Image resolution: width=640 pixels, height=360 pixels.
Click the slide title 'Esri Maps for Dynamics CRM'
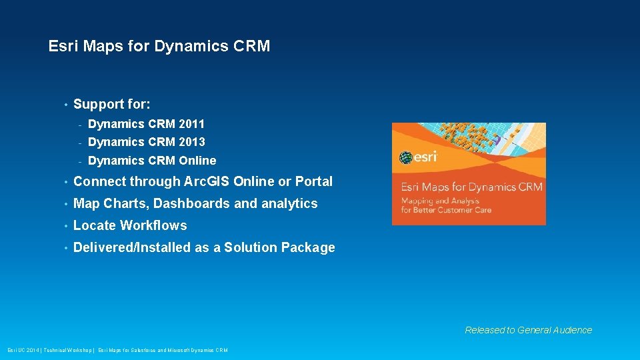tap(159, 46)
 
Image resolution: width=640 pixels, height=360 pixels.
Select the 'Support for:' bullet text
tap(112, 104)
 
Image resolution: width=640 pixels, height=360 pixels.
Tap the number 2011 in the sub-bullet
tap(192, 124)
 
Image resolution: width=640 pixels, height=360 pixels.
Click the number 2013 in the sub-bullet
tap(192, 142)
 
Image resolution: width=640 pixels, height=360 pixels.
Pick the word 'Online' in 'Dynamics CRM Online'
tap(198, 161)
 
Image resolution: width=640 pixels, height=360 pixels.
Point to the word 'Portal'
tap(314, 181)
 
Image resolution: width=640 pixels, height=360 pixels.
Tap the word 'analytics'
tap(289, 203)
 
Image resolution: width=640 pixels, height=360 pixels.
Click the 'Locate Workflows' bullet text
tap(130, 225)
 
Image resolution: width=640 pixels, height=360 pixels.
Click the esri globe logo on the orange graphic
tap(406, 158)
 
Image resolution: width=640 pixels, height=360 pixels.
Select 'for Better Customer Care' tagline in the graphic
tap(446, 210)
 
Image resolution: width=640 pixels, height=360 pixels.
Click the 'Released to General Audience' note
tap(528, 330)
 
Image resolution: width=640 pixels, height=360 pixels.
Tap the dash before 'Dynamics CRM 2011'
tap(79, 125)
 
